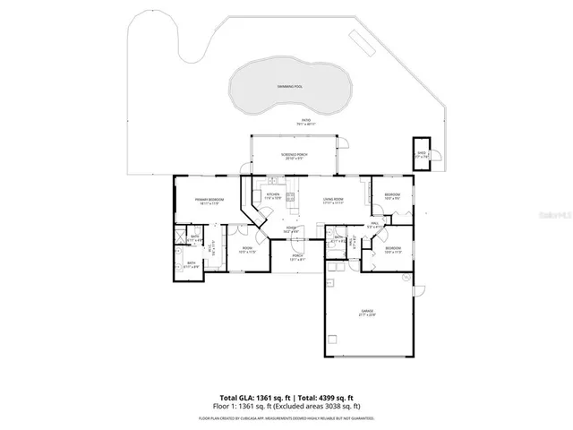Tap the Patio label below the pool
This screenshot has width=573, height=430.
pos(306,121)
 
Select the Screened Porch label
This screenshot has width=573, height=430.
pos(294,156)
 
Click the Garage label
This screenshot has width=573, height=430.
pos(367,312)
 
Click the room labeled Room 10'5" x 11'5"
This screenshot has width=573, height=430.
pos(248,252)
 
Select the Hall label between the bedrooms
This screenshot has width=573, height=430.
pos(375,226)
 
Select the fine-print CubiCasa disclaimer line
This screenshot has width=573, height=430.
pos(286,417)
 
